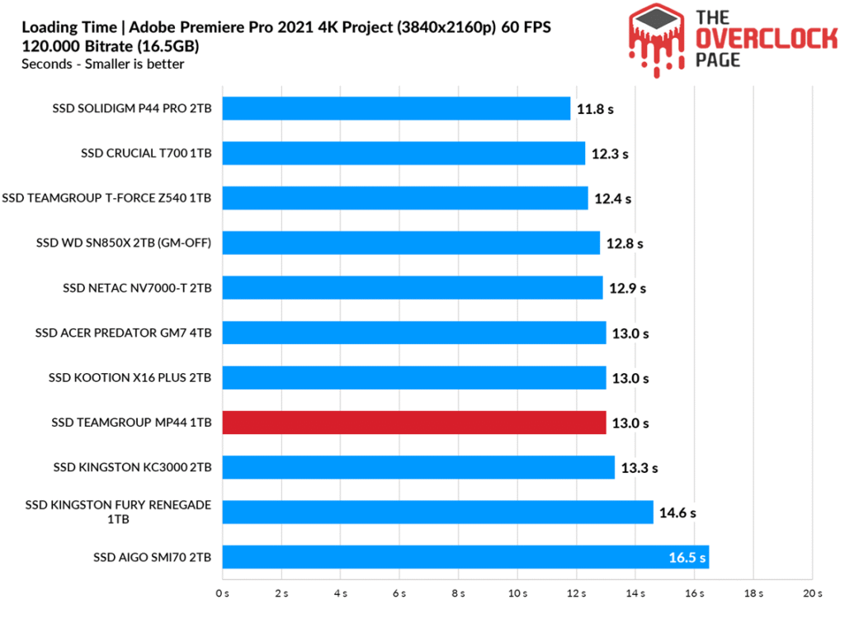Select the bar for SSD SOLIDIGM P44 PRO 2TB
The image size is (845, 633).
396,108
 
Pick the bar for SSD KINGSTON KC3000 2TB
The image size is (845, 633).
418,467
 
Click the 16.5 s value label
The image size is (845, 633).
687,558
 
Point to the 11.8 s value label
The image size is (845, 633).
596,109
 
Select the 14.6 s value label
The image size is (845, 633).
677,513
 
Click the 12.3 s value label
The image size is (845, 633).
611,154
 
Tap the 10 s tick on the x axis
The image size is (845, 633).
517,593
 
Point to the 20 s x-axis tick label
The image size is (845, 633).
812,593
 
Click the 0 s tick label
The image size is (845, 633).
222,593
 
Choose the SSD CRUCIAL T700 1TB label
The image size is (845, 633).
146,153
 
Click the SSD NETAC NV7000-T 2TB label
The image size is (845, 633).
137,288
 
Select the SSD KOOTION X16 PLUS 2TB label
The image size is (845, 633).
130,378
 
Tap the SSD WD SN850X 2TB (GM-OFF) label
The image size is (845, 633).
124,243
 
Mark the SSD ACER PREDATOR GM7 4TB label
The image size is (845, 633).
124,333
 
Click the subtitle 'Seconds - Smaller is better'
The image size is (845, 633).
103,64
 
